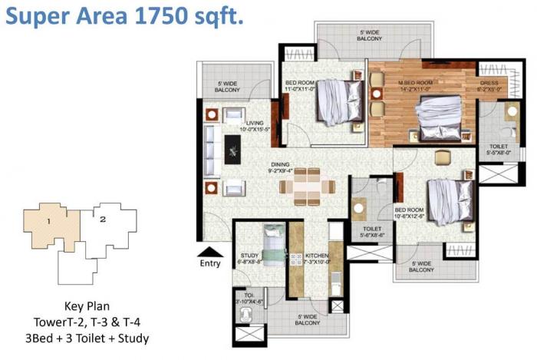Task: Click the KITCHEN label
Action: (x=317, y=255)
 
